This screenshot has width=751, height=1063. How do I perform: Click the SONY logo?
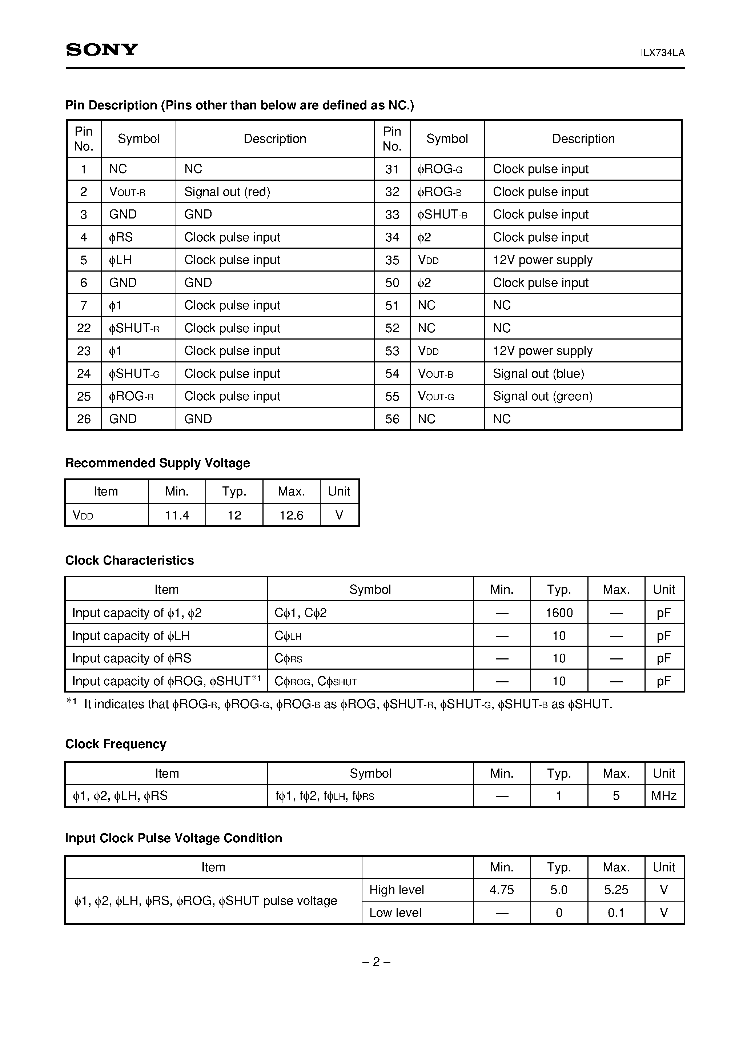pos(102,49)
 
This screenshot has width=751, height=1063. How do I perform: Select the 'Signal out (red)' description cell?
pos(227,192)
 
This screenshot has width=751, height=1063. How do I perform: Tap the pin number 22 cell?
pos(84,328)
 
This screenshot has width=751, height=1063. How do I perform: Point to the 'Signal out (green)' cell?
pos(542,396)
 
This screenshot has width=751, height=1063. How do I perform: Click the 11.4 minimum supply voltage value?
pos(177,515)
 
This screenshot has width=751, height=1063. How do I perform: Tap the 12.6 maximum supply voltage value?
pos(291,515)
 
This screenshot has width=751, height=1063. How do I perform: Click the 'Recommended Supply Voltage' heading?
pos(157,463)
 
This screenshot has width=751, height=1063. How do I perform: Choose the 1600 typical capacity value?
pos(559,613)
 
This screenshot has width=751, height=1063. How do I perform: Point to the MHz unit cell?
pos(663,796)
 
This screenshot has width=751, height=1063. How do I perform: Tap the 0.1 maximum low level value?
pos(616,912)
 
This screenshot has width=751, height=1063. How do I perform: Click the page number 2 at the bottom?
pos(376,962)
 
